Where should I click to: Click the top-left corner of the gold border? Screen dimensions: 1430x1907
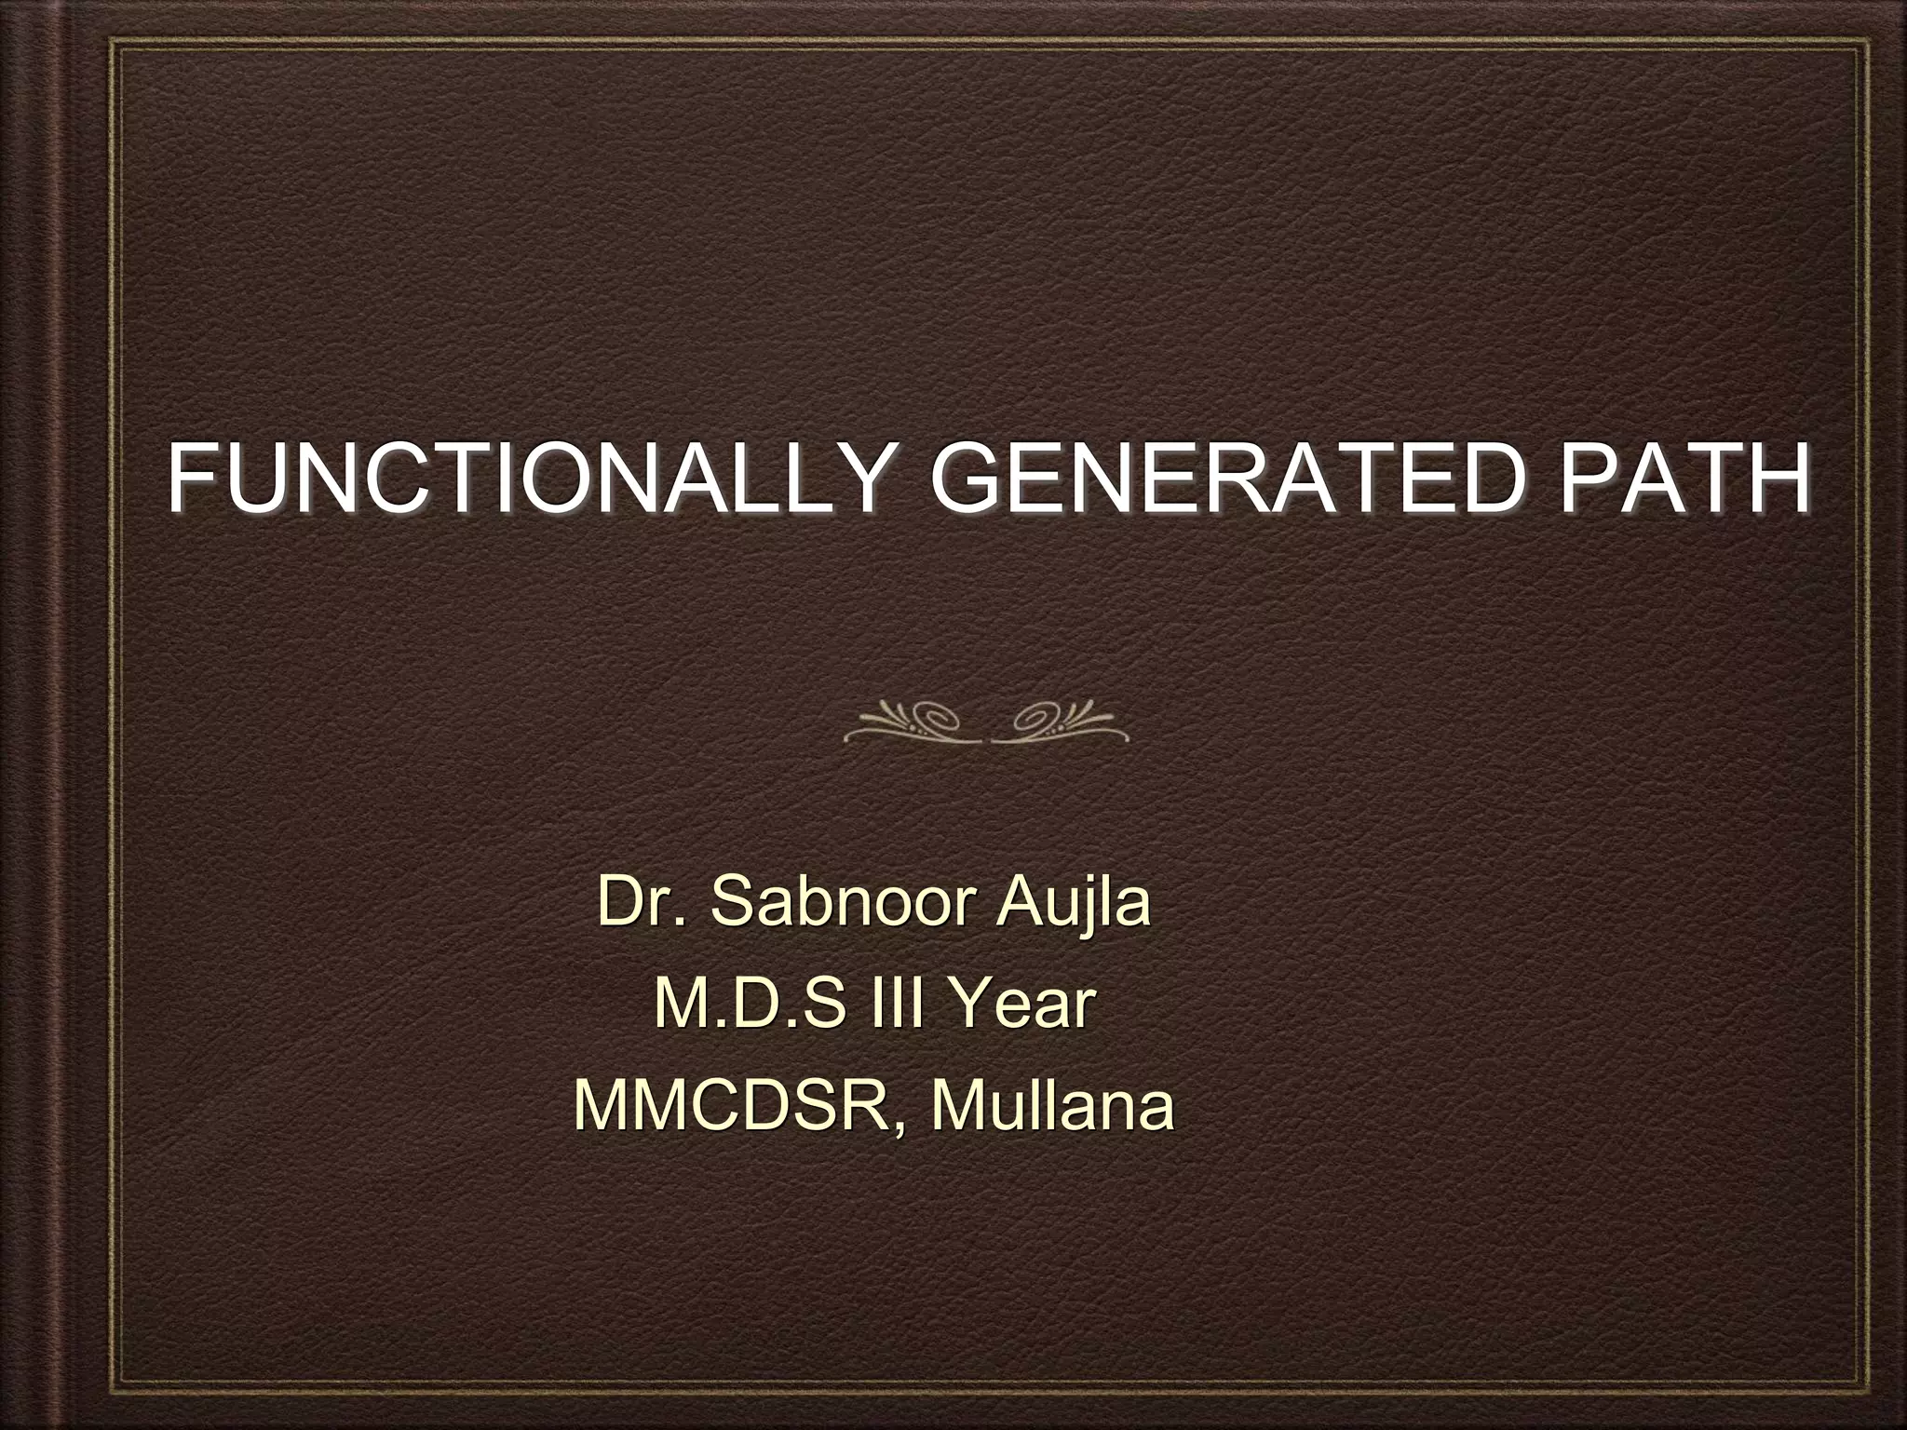click(111, 39)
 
